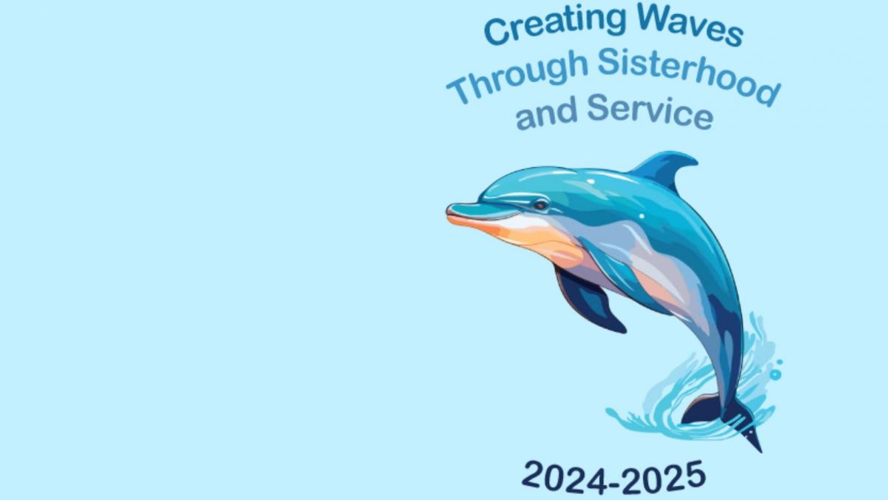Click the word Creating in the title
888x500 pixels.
555,24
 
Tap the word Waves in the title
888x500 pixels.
690,24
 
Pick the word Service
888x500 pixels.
650,112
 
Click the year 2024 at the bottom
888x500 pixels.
564,476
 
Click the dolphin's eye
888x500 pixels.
540,205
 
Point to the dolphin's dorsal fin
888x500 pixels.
666,169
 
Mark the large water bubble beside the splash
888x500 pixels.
776,374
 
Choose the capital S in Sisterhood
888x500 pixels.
610,62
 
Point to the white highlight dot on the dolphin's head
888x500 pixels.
591,181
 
